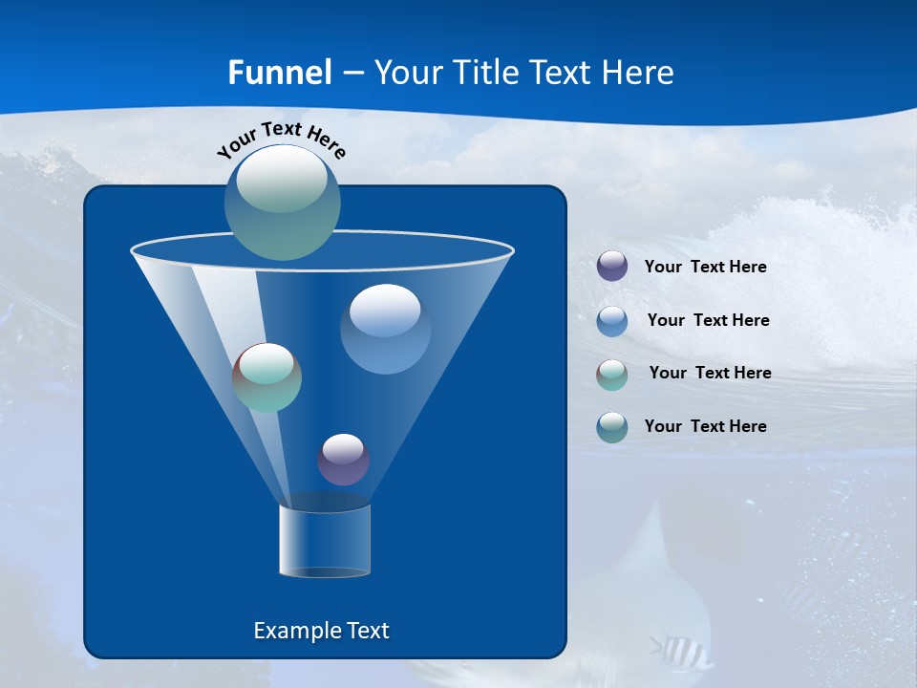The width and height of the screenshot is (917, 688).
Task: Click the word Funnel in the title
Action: pos(279,73)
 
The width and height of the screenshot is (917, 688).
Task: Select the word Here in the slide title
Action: pos(638,73)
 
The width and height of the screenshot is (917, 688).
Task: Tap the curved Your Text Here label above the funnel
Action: pos(282,139)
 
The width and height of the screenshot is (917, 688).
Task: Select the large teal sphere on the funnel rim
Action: pos(283,202)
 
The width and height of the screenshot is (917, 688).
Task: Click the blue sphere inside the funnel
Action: pos(385,329)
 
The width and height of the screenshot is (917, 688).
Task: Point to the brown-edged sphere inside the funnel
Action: pos(267,377)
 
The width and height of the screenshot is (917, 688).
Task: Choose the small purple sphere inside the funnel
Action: pos(343,460)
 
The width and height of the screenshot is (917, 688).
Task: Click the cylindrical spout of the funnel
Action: pos(325,541)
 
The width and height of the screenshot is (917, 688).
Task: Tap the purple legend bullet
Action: pos(612,267)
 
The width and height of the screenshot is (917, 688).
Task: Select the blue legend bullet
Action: pos(612,320)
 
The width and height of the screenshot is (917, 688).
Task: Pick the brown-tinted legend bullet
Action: pos(612,374)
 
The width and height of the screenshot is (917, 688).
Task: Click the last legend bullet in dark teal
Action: pos(612,427)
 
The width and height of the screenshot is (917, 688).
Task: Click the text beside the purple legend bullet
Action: pos(705,268)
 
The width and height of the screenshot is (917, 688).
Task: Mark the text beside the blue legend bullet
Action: pos(708,320)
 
